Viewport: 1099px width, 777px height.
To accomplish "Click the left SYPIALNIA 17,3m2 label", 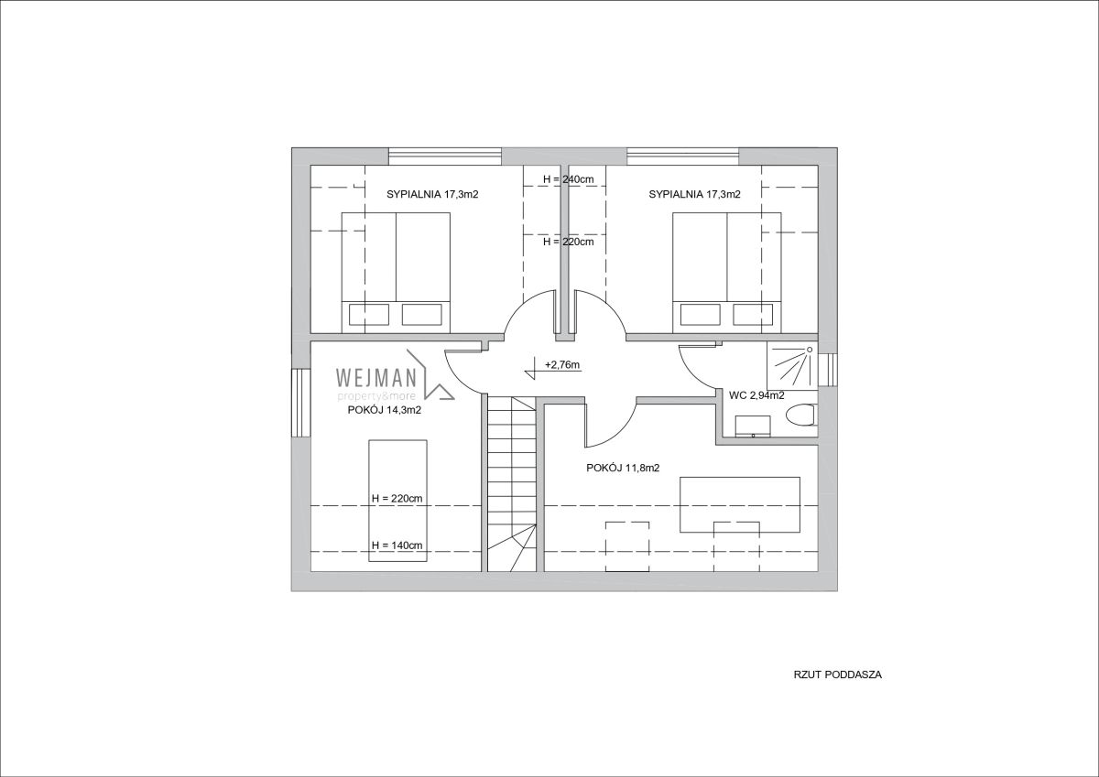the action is tap(432, 194).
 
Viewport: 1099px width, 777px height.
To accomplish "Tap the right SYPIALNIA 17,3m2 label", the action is tap(695, 194).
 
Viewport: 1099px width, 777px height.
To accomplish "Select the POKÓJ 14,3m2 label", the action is tap(384, 410).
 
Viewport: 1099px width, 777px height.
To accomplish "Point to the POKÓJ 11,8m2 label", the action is tap(623, 468).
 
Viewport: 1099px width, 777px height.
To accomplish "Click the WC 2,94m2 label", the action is tap(756, 395).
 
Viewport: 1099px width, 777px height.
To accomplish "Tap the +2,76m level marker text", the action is tap(562, 365).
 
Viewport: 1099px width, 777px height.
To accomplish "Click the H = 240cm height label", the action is tap(568, 179).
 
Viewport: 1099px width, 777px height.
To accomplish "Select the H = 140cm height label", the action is tap(397, 545).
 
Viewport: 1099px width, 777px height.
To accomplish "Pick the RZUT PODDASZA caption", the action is tap(837, 674).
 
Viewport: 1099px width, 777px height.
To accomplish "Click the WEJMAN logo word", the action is tap(376, 377).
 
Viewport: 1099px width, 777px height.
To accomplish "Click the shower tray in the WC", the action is tap(792, 366).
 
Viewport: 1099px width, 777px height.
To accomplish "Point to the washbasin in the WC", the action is tap(753, 426).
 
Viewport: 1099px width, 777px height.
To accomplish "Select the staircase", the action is tap(511, 483).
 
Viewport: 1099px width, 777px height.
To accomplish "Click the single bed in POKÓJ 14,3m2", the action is tap(397, 501).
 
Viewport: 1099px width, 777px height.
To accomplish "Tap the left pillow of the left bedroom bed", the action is tap(369, 315).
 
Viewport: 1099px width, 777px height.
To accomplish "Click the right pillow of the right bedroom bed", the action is tap(753, 315).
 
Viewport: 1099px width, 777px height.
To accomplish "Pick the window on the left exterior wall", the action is tap(300, 403).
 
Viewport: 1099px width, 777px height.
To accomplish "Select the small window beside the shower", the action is tap(828, 370).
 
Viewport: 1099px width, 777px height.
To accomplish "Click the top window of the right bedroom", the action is tap(683, 156).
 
